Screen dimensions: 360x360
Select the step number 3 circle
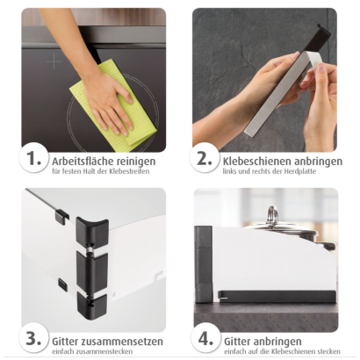coord(33,339)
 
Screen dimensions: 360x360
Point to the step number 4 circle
coord(205,339)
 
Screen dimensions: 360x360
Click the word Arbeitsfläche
coord(83,161)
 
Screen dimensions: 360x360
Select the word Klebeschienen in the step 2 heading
coord(254,161)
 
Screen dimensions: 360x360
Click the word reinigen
coord(136,162)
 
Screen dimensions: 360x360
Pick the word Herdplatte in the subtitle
coord(299,171)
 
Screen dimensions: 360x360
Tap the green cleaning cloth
coord(113,103)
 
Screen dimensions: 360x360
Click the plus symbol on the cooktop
coord(54,61)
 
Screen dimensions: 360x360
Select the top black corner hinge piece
coord(91,231)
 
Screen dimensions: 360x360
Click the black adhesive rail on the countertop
coord(277,297)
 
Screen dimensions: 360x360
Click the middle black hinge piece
coord(91,270)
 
